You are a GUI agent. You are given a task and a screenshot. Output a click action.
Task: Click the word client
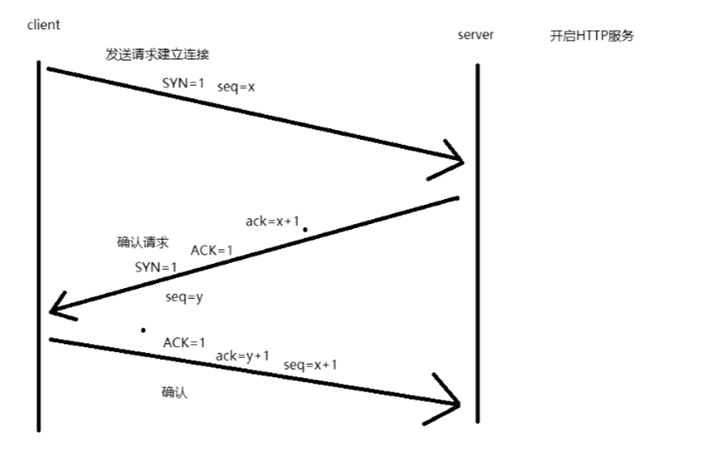44,25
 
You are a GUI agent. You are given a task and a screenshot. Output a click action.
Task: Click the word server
475,35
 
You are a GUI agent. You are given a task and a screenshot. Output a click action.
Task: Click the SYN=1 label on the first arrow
183,83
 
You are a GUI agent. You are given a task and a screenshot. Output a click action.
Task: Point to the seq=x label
236,87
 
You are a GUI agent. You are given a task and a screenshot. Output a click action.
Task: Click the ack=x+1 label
271,221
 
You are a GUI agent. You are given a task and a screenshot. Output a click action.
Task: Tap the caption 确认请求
143,242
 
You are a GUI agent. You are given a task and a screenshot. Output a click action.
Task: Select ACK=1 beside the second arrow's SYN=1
211,251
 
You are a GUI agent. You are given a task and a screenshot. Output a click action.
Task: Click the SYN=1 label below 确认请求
155,267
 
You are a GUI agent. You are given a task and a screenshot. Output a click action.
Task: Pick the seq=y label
184,297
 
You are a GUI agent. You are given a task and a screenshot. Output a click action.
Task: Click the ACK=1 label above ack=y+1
185,342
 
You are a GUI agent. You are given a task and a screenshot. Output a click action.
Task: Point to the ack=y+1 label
242,355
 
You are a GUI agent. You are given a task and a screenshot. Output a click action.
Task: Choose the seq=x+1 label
310,365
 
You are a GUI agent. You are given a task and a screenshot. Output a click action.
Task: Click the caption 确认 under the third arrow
174,392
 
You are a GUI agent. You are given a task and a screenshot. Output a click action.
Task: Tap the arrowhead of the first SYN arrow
453,159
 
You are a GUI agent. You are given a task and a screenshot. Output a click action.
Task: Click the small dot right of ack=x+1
304,230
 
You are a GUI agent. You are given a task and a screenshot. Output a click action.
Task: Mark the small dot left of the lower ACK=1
143,330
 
